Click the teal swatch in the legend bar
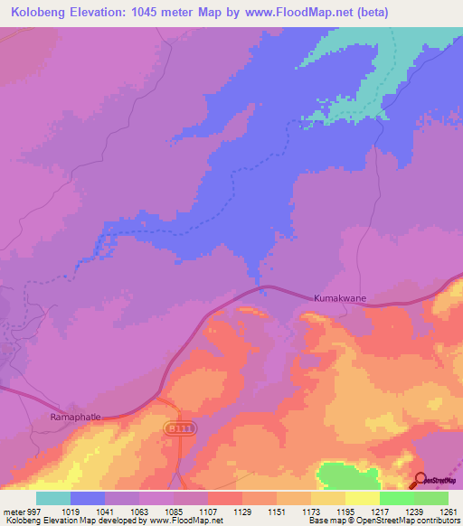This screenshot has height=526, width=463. pyautogui.click(x=53, y=498)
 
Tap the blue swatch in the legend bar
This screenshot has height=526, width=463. pyautogui.click(x=88, y=498)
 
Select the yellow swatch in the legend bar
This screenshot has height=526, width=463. pyautogui.click(x=363, y=498)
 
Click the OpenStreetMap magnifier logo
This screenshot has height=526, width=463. pyautogui.click(x=420, y=481)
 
